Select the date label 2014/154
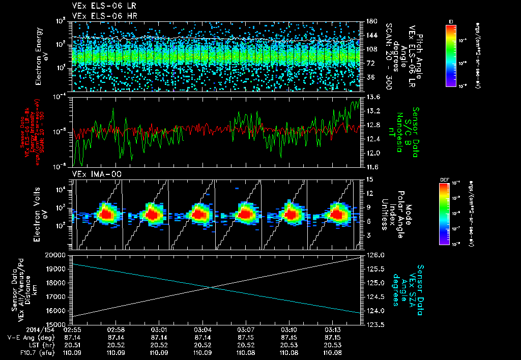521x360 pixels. point(20,329)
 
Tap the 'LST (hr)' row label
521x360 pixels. point(30,344)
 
